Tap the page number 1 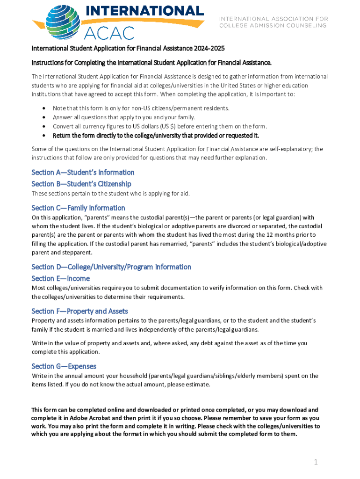pyautogui.click(x=316, y=462)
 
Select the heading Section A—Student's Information pyautogui.click(x=83, y=172)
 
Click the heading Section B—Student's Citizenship pyautogui.click(x=81, y=184)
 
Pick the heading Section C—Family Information pyautogui.click(x=78, y=208)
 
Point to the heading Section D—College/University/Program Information pyautogui.click(x=111, y=267)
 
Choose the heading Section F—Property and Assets pyautogui.click(x=79, y=311)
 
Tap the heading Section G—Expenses pyautogui.click(x=64, y=366)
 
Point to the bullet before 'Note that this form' pyautogui.click(x=43, y=108)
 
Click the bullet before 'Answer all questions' pyautogui.click(x=43, y=117)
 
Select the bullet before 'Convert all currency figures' pyautogui.click(x=43, y=126)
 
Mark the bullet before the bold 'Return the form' pyautogui.click(x=43, y=136)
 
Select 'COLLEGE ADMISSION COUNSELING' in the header pyautogui.click(x=273, y=25)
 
